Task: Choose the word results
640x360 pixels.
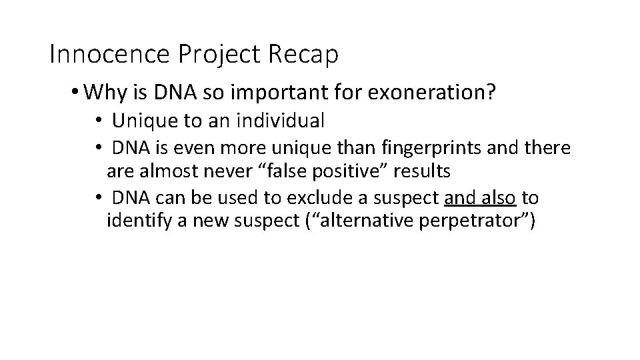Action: coord(423,171)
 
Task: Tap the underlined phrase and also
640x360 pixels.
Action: coord(480,198)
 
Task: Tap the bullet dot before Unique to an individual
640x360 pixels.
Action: coord(97,121)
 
